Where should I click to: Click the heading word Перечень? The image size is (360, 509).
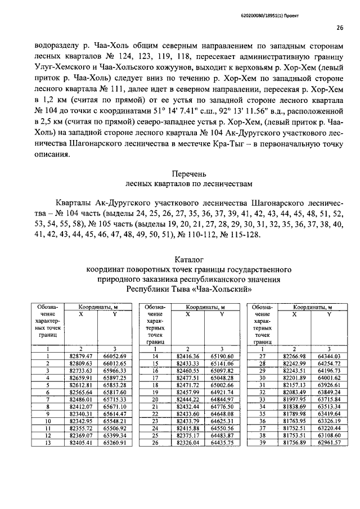pos(188,173)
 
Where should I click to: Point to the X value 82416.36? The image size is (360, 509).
pos(188,356)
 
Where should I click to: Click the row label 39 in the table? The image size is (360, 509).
pos(262,443)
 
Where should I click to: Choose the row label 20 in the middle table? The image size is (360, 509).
pos(155,399)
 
